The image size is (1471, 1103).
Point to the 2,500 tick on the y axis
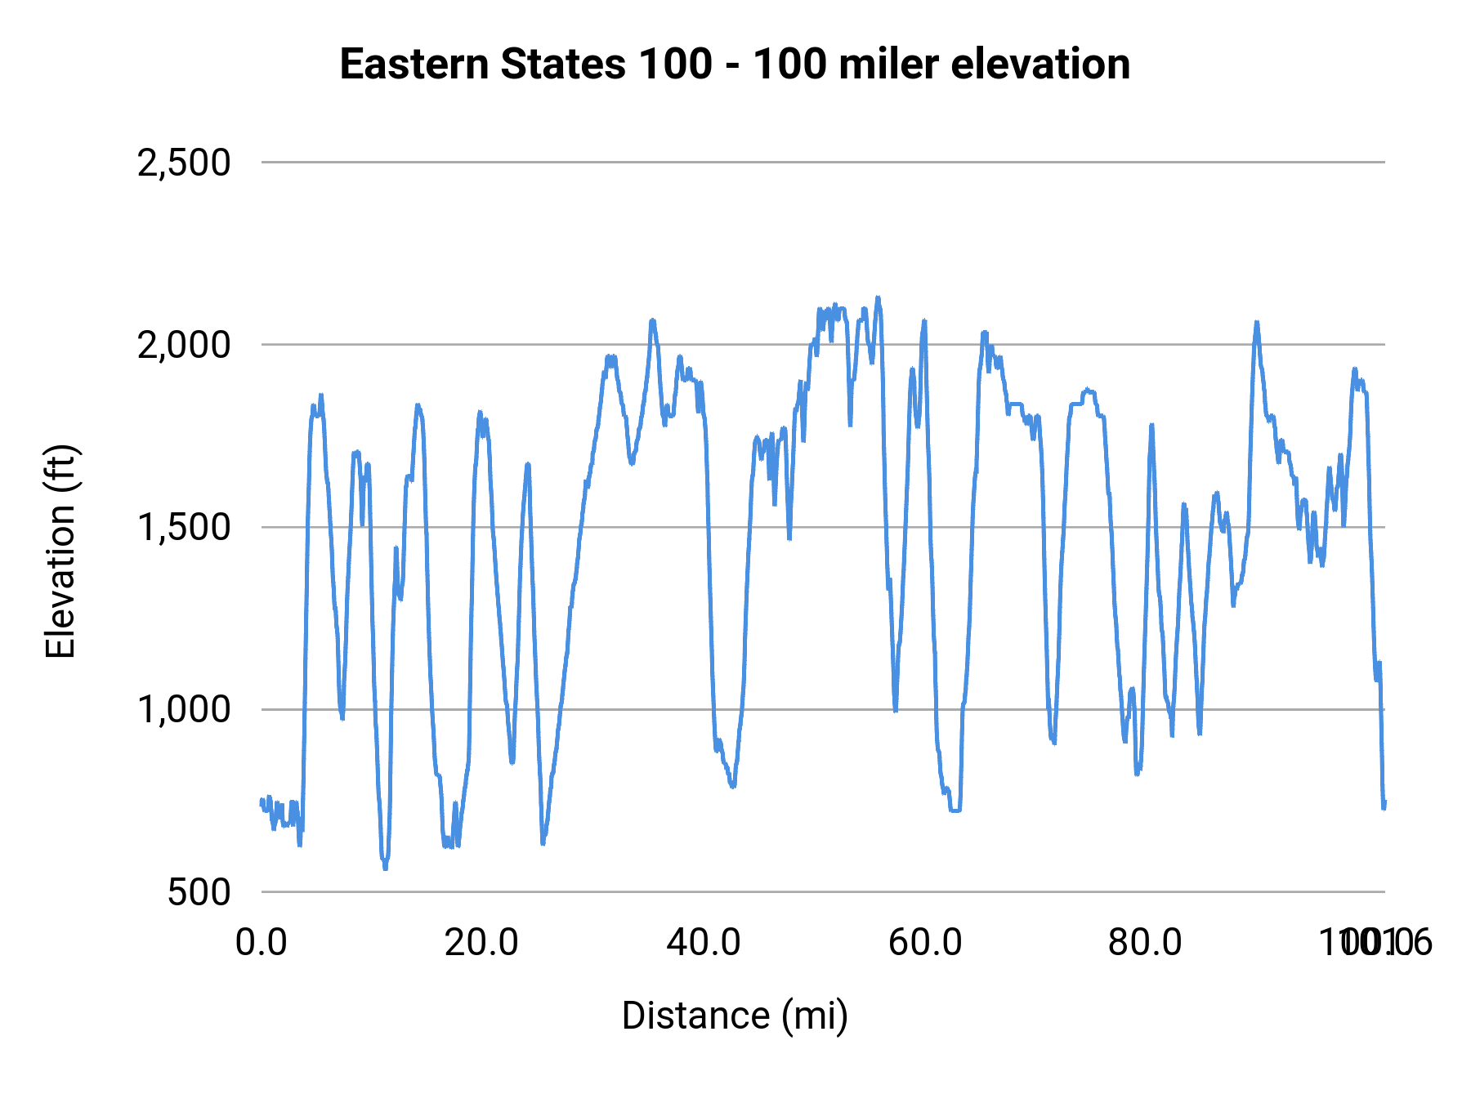pos(184,163)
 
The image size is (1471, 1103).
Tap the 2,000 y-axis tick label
pos(184,345)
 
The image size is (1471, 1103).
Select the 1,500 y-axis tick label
pos(184,527)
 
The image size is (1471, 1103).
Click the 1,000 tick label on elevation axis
pos(184,709)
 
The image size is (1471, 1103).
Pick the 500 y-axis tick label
pos(199,891)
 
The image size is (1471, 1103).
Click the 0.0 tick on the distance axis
pos(262,942)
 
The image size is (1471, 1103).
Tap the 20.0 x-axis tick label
pos(481,942)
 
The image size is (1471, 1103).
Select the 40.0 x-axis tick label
pos(704,942)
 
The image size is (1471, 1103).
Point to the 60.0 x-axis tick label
pos(925,942)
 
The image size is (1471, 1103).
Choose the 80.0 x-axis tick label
pos(1145,942)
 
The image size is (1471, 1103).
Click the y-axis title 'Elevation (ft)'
pos(60,551)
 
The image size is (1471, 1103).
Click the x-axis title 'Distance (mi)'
pos(735,1016)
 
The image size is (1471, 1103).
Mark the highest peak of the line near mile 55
pos(878,298)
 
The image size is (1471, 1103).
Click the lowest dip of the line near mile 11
pos(385,868)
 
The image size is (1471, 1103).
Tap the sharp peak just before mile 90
pos(1257,323)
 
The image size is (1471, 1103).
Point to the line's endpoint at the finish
pos(1384,805)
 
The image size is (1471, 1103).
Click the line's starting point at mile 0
pos(262,801)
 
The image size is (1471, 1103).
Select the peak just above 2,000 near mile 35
pos(652,321)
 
